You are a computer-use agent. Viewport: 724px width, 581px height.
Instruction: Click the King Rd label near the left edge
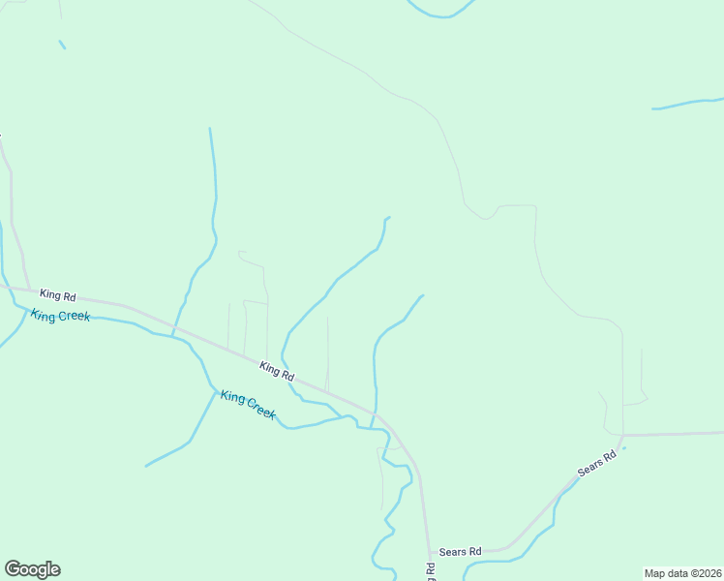58,295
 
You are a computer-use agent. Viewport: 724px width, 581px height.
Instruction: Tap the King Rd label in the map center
277,370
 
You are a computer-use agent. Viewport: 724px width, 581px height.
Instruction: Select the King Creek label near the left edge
60,316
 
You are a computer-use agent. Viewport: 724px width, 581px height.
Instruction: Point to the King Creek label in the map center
248,404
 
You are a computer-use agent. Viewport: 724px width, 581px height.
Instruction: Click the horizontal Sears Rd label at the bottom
460,552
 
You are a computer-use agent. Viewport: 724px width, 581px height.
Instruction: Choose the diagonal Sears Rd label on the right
596,465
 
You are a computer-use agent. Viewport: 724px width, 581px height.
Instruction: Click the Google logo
32,569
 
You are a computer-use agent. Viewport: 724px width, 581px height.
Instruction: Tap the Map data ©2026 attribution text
683,573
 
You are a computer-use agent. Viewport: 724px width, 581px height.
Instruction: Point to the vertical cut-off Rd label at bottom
431,570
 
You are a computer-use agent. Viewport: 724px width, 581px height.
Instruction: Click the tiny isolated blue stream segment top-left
62,45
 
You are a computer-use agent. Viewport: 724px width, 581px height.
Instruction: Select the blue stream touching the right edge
687,103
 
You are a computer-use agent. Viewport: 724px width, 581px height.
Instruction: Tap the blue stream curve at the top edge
441,13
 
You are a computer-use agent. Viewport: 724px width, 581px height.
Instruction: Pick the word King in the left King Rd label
49,293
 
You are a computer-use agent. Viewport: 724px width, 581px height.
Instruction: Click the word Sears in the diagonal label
589,470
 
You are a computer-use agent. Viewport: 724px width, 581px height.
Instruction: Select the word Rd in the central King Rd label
287,375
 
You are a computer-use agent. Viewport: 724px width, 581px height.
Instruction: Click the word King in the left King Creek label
44,314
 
